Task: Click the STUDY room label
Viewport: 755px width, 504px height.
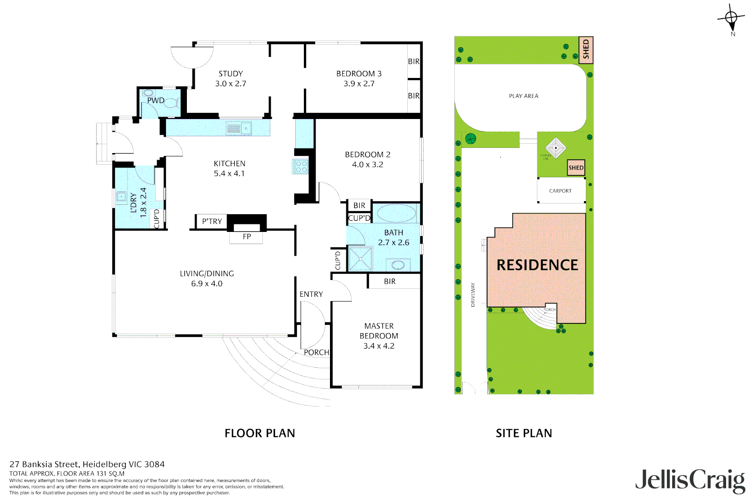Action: tap(230, 74)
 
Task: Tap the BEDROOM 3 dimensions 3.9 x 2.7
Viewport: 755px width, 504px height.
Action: tap(359, 84)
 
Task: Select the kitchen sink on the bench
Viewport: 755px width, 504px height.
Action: tap(239, 128)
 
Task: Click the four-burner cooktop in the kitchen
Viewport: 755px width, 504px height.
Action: tap(301, 167)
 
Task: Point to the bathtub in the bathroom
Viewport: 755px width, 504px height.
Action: tap(396, 214)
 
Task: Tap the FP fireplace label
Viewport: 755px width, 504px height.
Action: tap(247, 237)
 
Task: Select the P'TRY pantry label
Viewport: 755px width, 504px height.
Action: tap(212, 222)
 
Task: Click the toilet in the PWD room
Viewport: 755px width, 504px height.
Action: tap(171, 103)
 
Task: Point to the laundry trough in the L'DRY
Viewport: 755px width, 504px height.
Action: tap(121, 197)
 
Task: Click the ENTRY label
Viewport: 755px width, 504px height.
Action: tap(311, 294)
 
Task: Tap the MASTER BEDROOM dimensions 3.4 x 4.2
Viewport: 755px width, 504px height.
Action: tap(378, 346)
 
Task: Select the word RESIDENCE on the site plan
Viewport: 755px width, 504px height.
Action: tap(537, 265)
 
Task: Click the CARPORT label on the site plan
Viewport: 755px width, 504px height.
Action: tap(560, 191)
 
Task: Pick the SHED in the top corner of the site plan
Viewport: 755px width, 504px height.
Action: tap(585, 50)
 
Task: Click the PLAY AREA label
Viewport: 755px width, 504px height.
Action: tap(523, 96)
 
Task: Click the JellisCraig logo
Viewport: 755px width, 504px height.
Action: tap(690, 481)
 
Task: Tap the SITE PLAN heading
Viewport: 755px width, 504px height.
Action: tap(523, 434)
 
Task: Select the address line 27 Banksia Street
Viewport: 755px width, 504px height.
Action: tap(87, 464)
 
